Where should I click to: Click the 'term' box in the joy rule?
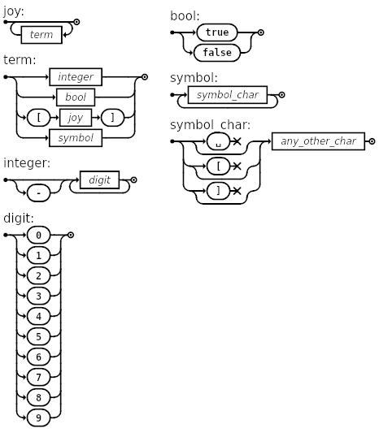tap(41, 35)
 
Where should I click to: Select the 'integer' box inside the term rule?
tap(75, 77)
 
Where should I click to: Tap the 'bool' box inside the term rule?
tap(76, 97)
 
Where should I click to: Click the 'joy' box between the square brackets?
tap(75, 118)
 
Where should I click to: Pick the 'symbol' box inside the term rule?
tap(76, 138)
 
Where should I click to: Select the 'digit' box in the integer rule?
tap(99, 180)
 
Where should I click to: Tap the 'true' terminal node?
tap(216, 32)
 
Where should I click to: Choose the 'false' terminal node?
tap(216, 53)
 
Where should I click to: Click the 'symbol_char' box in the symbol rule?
tap(228, 96)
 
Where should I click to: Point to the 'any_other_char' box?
tap(318, 141)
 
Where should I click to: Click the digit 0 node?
tap(38, 235)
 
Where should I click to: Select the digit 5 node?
tap(38, 336)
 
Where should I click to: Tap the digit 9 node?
tap(38, 418)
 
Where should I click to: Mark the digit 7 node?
tap(38, 377)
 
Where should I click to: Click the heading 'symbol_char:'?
tap(210, 125)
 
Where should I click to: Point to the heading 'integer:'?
tap(27, 163)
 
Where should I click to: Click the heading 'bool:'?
tap(185, 15)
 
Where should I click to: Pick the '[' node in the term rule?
tap(38, 118)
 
